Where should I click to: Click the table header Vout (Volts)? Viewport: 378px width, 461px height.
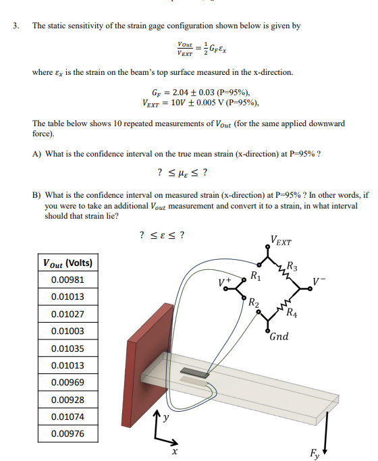point(67,263)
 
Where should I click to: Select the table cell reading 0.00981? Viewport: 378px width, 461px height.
point(67,279)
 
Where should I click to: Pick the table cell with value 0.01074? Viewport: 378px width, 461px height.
point(67,417)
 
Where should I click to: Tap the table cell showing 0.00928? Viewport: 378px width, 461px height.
point(67,400)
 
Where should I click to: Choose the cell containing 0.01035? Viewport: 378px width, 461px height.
point(67,348)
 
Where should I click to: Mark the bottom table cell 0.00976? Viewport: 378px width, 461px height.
point(67,434)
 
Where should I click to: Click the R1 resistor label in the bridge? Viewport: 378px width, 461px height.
point(254,275)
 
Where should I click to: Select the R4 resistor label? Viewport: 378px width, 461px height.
point(291,312)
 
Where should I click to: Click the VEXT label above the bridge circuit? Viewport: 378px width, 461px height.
point(280,238)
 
